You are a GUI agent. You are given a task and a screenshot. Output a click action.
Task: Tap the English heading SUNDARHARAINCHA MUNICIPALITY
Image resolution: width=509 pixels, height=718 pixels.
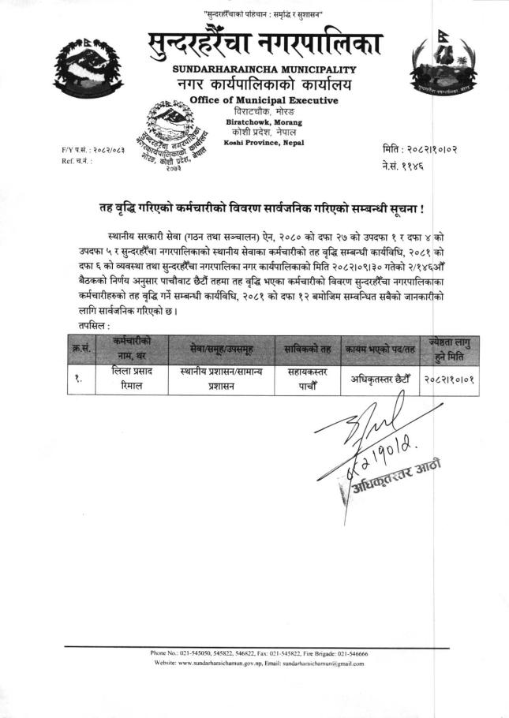pos(264,69)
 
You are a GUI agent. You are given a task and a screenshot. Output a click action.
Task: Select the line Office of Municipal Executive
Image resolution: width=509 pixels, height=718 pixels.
pos(264,100)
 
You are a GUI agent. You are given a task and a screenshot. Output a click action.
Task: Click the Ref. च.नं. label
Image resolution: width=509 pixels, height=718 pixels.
pos(77,160)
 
